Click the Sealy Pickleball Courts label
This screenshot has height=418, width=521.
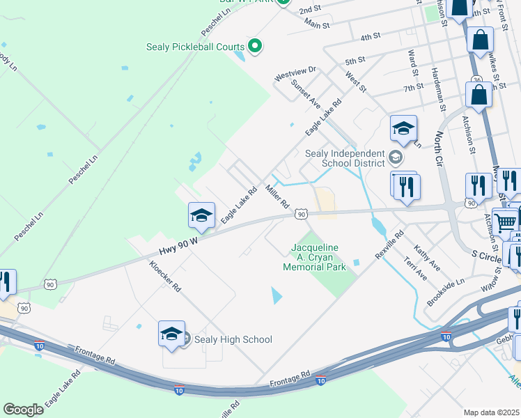click(x=195, y=47)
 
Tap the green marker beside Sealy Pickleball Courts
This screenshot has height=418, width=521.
click(x=255, y=47)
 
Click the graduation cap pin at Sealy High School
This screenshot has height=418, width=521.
click(x=171, y=334)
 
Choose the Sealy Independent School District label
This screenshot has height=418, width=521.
click(x=345, y=158)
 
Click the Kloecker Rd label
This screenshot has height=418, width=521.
click(x=165, y=276)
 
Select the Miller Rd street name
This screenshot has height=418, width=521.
click(x=277, y=196)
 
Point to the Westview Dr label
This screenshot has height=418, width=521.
click(x=295, y=72)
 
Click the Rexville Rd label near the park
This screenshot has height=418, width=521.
click(x=389, y=245)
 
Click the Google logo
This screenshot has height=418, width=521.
click(x=23, y=410)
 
